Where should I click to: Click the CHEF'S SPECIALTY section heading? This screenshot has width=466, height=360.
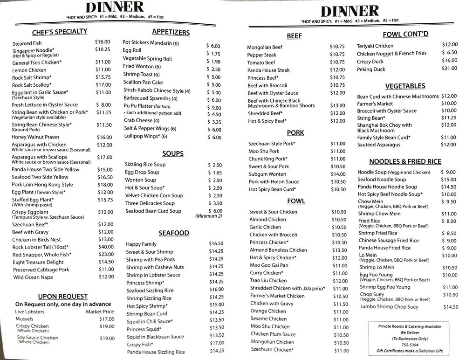59,32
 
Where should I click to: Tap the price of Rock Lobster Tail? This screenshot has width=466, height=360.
106,247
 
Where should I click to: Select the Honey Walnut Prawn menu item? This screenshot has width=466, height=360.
35,137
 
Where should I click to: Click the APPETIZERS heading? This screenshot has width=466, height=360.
171,33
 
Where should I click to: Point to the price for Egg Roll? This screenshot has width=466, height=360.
213,54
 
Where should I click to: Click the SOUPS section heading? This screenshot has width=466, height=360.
173,153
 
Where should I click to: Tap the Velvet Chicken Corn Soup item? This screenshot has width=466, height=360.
154,196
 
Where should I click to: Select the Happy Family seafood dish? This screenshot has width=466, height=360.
141,244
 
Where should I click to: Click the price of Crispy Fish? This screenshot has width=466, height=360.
216,343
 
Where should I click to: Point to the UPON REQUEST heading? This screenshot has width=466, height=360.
63,296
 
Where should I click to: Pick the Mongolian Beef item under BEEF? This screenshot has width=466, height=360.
265,47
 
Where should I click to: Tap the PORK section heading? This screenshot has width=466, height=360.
295,133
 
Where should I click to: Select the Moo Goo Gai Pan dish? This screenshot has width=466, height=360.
269,265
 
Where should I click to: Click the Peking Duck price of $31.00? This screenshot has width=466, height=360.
449,69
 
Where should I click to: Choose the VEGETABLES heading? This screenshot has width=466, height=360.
405,86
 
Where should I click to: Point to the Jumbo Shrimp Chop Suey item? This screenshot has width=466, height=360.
389,307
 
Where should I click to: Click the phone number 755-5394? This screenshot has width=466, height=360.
408,345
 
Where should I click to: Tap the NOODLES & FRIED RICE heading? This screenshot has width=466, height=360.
405,162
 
